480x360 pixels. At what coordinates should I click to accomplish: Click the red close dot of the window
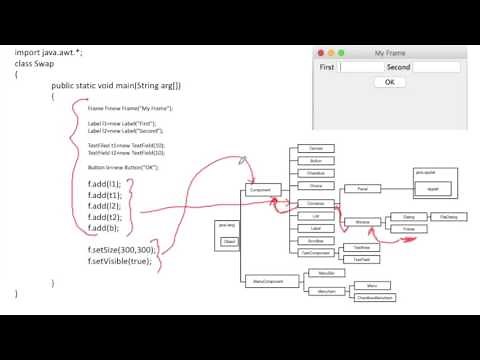coord(320,53)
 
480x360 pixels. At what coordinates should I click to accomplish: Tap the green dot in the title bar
coord(340,53)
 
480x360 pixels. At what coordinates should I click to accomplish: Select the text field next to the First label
coord(361,68)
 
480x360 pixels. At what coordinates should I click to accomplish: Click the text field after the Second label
coord(437,68)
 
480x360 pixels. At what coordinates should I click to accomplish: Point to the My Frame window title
coord(390,53)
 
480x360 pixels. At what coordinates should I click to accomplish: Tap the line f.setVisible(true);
coord(119,261)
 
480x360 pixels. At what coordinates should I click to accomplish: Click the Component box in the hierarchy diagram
coord(259,188)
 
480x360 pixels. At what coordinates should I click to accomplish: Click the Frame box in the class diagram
coord(409,229)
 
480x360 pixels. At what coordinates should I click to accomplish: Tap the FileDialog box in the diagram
coord(447,216)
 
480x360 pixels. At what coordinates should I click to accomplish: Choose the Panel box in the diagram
coord(362,188)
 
